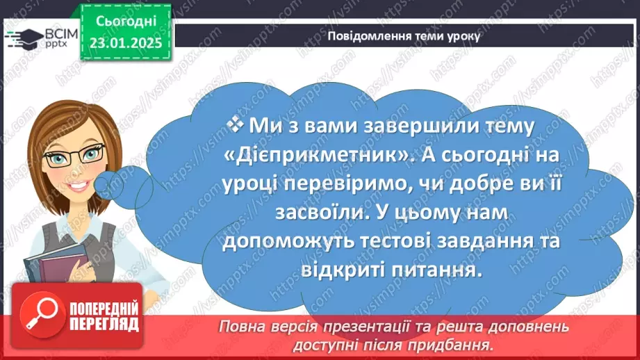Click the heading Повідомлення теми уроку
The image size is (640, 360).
(403, 36)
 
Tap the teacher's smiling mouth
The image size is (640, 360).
(76, 187)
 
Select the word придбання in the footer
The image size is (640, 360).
(458, 345)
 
